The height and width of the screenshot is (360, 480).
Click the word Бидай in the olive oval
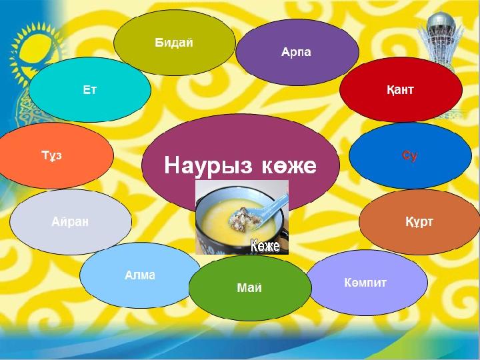point(174,43)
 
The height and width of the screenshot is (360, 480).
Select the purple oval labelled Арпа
point(297,52)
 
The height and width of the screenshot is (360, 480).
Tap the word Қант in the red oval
point(400,90)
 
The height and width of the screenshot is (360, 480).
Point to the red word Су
point(409,155)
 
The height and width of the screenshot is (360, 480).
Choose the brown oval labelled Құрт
point(420,222)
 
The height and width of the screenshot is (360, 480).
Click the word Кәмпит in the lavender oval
point(365,282)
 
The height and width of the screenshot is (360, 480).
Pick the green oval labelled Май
point(250,288)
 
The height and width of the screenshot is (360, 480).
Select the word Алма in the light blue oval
point(140,275)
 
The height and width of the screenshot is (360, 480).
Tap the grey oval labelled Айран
point(71,222)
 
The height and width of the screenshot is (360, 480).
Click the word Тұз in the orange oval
point(52,155)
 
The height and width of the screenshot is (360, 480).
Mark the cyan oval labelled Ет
point(90,90)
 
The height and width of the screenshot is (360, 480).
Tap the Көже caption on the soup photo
point(265,246)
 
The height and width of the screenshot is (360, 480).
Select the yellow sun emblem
point(36,51)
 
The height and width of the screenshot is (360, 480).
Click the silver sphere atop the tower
point(441,22)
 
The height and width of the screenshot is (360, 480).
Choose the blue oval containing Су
point(410,155)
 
